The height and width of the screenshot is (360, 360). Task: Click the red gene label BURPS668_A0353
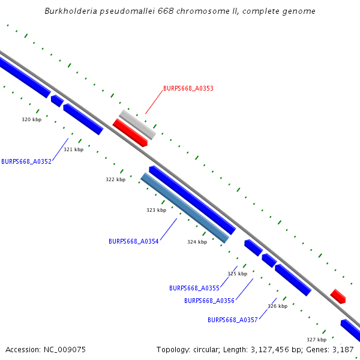pos(188,88)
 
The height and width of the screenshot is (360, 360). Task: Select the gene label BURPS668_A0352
pos(26,161)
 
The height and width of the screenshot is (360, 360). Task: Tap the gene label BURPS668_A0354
pos(134,241)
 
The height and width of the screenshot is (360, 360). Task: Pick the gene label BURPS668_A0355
pos(194,288)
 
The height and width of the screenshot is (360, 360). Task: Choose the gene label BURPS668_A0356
pos(209,301)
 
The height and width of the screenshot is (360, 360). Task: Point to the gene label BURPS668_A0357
pos(233,320)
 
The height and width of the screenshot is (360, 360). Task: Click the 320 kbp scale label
pos(32,119)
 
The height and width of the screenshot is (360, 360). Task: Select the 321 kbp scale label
pos(74,149)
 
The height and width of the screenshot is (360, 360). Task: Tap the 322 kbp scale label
pos(116,179)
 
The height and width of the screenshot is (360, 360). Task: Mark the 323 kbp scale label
pos(156,210)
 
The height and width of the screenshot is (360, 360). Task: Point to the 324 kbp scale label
pos(197,242)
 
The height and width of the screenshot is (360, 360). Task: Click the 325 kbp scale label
pos(237,274)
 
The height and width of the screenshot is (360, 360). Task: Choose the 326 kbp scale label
pos(277,306)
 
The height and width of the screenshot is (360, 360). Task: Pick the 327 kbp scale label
pos(316,339)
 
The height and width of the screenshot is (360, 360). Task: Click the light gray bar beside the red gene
pos(137,124)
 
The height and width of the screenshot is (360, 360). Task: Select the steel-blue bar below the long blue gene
pos(185,208)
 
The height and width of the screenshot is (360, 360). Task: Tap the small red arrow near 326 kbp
pos(338,296)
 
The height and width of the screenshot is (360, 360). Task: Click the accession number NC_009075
pos(65,349)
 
